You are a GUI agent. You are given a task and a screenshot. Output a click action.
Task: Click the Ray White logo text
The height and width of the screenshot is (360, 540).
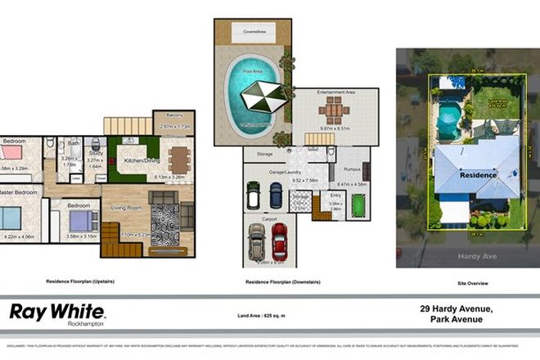coord(56,311)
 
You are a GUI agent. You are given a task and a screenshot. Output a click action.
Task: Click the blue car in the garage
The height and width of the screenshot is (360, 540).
coord(276,194)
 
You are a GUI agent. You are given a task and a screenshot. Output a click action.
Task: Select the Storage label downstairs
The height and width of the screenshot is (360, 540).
coord(263,154)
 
